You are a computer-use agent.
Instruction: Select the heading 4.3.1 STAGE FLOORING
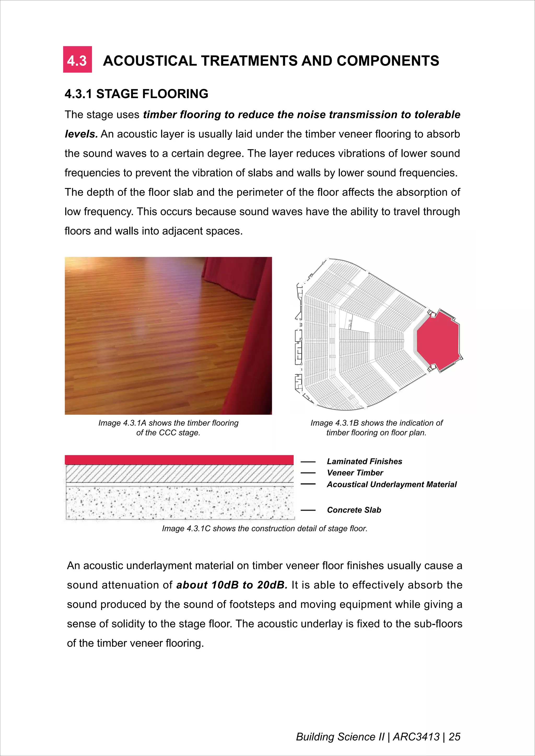(x=136, y=94)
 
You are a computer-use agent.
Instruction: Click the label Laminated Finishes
(x=364, y=461)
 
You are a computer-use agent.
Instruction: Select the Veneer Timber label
(x=355, y=473)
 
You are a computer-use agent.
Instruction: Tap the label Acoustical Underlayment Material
(x=392, y=484)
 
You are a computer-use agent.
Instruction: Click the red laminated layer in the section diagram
(x=179, y=460)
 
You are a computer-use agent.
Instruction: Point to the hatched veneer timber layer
(x=179, y=474)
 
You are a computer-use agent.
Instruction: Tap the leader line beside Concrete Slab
(x=308, y=510)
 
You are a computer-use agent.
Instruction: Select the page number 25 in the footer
(x=454, y=737)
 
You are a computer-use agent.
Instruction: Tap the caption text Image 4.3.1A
(x=122, y=423)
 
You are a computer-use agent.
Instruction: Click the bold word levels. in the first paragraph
(x=81, y=134)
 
